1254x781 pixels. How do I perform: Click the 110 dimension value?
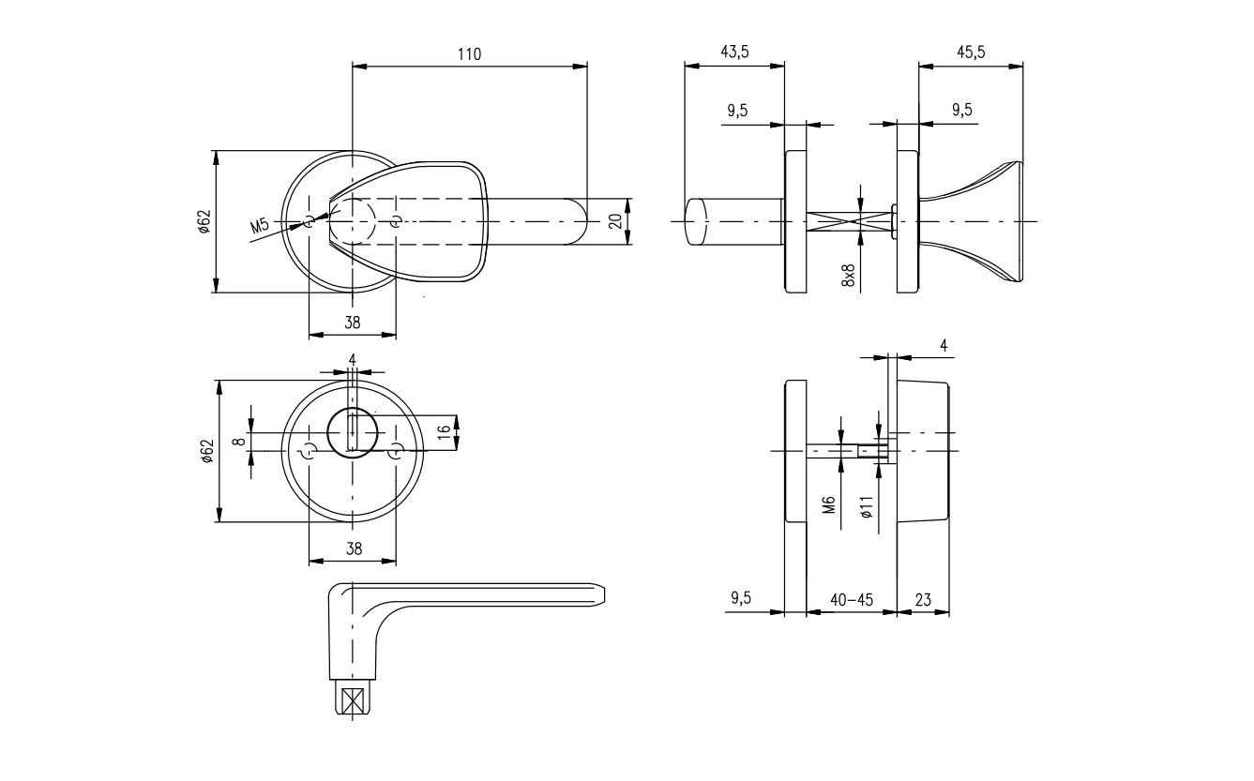point(469,54)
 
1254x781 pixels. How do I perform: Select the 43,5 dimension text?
point(734,53)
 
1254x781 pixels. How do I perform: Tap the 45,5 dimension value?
point(971,53)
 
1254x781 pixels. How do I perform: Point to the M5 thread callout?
point(260,226)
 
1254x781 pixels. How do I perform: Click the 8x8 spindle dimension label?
point(849,276)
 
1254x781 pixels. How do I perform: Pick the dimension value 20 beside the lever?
point(614,221)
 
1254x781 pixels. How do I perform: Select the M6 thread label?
point(829,506)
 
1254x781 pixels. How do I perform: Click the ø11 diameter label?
point(867,506)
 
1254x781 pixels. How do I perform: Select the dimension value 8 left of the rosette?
point(238,440)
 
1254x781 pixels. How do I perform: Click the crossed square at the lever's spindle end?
point(353,700)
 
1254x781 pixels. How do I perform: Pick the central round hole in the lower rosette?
point(353,434)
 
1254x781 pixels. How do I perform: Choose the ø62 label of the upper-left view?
point(204,221)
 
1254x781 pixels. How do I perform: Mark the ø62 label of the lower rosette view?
point(206,451)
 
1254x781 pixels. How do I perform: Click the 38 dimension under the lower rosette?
point(353,549)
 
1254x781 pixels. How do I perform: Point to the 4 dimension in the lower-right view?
point(944,346)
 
